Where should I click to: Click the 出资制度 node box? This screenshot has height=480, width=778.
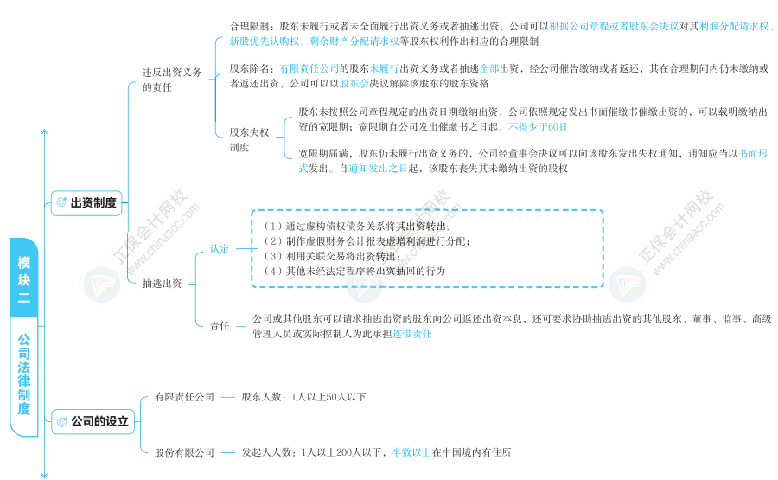[86, 202]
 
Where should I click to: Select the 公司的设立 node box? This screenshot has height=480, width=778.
[92, 421]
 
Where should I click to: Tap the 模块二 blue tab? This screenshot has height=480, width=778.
[24, 278]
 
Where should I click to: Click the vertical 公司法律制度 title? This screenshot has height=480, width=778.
[24, 374]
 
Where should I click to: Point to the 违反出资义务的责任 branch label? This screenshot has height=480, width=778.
[172, 80]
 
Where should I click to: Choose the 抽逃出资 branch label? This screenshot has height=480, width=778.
[162, 284]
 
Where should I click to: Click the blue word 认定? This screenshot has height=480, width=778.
[220, 249]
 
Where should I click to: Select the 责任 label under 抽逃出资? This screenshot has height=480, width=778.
[220, 326]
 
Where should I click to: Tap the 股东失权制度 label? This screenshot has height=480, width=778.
[249, 139]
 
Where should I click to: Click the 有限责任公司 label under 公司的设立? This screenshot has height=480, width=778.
[184, 397]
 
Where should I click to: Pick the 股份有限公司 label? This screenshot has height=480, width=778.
[184, 452]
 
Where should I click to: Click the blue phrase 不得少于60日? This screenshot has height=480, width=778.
[538, 127]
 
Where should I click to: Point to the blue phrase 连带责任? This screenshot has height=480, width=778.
[411, 334]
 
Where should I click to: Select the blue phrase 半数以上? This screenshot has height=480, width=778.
[411, 452]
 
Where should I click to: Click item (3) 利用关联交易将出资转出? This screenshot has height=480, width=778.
[332, 256]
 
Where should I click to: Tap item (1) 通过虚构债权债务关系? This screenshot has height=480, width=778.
[356, 227]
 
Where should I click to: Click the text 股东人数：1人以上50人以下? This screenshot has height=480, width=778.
[303, 397]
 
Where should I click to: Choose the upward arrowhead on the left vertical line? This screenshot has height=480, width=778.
[44, 132]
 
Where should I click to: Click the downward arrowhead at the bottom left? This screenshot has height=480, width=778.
[44, 475]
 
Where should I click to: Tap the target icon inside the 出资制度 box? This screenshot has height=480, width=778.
[61, 202]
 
